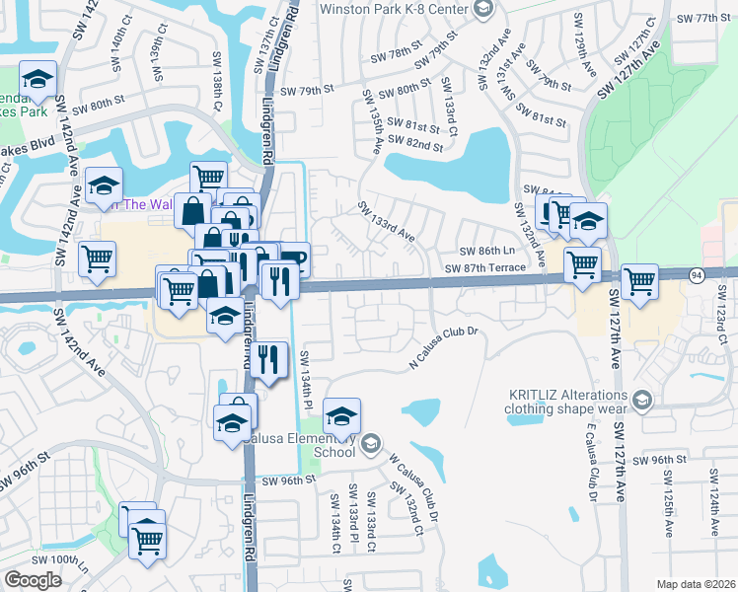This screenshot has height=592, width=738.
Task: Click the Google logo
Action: [34, 579]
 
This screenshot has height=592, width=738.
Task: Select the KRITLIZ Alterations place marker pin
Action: [643, 400]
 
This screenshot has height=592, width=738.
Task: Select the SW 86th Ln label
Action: [490, 251]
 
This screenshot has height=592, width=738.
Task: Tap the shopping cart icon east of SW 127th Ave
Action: [639, 280]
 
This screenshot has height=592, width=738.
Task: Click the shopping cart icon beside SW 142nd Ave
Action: [97, 259]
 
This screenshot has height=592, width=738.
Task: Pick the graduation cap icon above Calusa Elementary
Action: [341, 415]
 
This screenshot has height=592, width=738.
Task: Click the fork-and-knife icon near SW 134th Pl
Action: [268, 357]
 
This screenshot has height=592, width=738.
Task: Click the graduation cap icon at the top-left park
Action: [37, 81]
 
